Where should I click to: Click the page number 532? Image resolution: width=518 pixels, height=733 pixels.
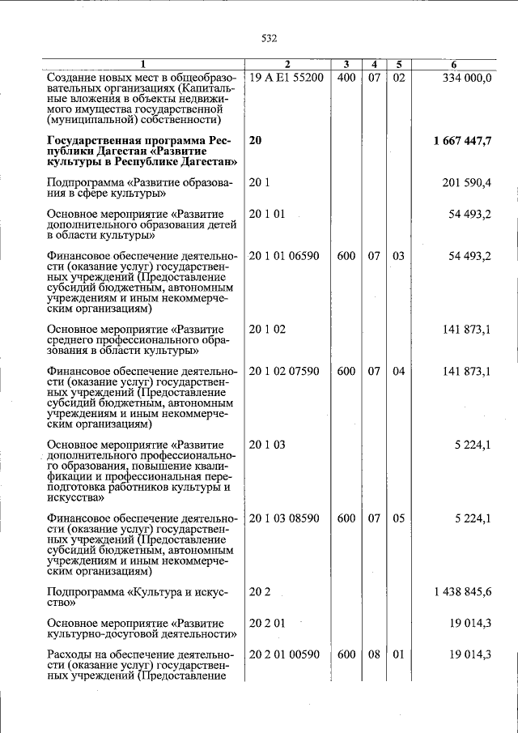tap(270, 38)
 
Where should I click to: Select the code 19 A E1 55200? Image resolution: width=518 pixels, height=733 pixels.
tap(287, 77)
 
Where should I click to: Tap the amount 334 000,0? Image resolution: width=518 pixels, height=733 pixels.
tap(467, 77)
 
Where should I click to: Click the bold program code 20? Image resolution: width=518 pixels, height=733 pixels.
tap(256, 141)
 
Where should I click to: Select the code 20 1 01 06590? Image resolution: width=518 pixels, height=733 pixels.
tap(284, 256)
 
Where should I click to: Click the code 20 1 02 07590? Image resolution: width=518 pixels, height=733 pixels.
tap(284, 372)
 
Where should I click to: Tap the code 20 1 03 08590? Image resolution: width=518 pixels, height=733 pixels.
tap(284, 518)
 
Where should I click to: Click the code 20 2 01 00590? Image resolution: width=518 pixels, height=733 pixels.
tap(284, 654)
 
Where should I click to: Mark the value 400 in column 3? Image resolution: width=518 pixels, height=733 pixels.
tap(346, 77)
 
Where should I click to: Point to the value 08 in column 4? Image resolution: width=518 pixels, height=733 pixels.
tap(374, 654)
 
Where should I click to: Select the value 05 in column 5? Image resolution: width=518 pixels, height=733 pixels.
tap(398, 518)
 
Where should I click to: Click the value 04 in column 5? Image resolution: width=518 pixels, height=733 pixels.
tap(398, 372)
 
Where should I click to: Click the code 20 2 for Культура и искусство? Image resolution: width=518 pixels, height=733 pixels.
tap(260, 592)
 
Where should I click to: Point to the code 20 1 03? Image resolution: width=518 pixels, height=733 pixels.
tap(267, 445)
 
